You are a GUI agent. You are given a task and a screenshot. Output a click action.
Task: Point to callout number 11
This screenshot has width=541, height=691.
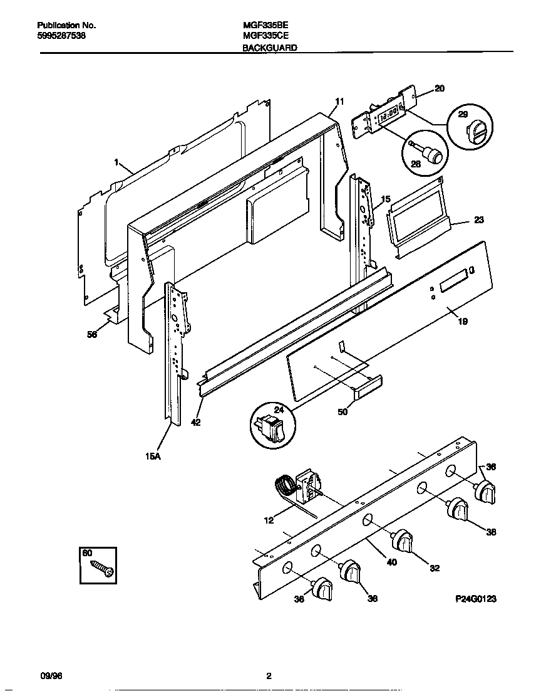[339, 102]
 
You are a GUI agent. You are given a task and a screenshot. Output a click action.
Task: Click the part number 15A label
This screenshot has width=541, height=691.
[153, 457]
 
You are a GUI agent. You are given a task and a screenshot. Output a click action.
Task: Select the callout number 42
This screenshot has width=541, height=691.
[195, 423]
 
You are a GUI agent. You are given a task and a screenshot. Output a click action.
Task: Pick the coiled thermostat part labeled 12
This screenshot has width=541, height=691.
[285, 486]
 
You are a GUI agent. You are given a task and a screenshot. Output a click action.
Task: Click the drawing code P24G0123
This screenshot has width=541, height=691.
[475, 599]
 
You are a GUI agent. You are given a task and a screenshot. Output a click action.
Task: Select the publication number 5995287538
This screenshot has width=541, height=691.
[61, 36]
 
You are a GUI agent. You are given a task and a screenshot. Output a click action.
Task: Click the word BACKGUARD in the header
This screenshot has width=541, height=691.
[269, 47]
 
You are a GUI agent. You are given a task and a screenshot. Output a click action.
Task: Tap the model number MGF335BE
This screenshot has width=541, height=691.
[265, 26]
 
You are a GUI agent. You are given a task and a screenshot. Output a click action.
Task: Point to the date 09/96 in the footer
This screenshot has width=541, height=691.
[51, 676]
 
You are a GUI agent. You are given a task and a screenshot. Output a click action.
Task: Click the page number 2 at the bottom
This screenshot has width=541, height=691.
[269, 676]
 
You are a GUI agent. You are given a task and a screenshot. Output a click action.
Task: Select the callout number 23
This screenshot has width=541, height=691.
[478, 220]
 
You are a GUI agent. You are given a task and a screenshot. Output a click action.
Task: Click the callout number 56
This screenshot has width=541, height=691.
[92, 335]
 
